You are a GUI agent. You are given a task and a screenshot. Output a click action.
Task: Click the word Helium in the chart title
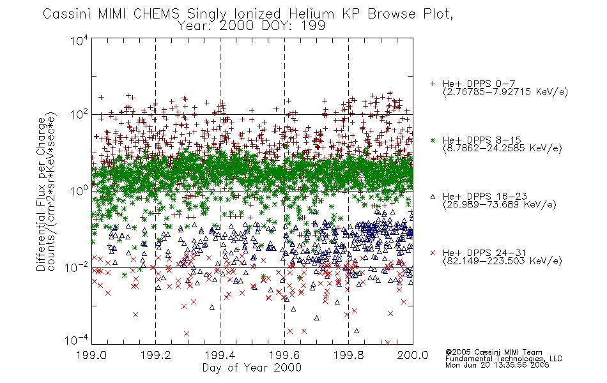(311, 14)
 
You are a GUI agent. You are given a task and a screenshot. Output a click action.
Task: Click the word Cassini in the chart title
(66, 14)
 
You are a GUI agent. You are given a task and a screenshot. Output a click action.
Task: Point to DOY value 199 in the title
(314, 26)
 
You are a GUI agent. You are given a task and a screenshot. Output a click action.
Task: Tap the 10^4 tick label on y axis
(80, 40)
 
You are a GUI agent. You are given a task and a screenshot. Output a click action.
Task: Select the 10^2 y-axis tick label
(80, 114)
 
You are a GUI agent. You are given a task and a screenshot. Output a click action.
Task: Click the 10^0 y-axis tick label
(80, 191)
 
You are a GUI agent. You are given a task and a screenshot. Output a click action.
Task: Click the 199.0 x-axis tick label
(92, 355)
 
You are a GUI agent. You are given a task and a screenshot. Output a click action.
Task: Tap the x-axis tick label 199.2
(156, 355)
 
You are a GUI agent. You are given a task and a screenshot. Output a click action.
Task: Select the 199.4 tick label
(220, 355)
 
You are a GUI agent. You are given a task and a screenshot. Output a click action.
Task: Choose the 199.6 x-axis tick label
(284, 355)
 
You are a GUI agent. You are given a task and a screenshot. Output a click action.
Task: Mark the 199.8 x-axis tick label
(348, 355)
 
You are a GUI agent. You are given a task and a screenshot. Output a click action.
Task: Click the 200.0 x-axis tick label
(413, 355)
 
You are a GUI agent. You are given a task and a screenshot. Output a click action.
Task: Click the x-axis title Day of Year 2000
(252, 368)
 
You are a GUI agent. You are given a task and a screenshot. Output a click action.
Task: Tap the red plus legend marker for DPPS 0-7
(433, 84)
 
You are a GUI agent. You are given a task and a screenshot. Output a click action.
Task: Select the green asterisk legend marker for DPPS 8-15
(433, 140)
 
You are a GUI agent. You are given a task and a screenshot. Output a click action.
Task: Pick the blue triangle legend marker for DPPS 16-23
(433, 197)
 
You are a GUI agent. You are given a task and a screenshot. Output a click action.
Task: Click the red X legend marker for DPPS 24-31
(433, 253)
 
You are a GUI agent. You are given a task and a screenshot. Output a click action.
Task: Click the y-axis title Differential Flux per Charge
(42, 194)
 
